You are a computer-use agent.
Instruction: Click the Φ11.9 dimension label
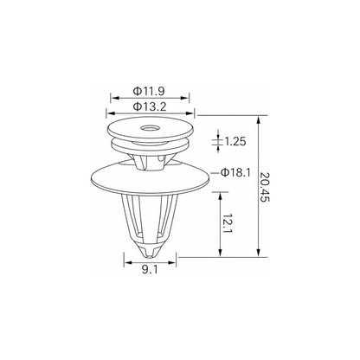click(x=149, y=91)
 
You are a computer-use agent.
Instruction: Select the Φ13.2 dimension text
click(x=150, y=106)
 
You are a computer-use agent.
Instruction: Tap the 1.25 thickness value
click(x=235, y=141)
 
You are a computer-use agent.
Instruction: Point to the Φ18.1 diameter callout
click(x=235, y=172)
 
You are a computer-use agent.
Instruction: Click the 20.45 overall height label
click(x=265, y=187)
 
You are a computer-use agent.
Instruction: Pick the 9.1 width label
click(x=150, y=270)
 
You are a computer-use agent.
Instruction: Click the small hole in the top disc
click(x=149, y=128)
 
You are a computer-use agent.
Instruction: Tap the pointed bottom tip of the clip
click(x=149, y=256)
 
